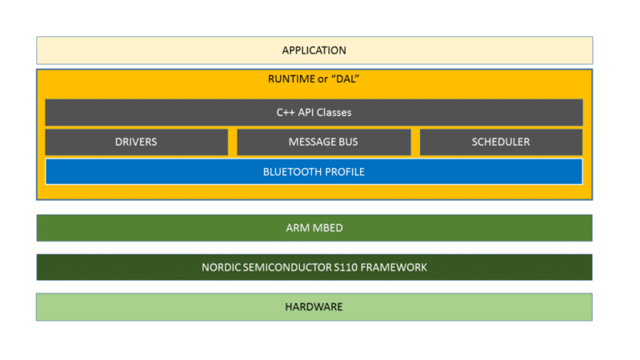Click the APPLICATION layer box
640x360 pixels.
(314, 50)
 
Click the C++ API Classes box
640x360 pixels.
(314, 113)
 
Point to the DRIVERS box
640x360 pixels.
(136, 142)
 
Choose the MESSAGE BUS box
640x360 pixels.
(323, 142)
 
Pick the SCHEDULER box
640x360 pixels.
(501, 142)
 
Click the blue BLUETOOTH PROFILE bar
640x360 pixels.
(314, 172)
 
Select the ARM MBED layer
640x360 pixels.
(314, 228)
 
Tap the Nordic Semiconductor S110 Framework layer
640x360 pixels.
(314, 267)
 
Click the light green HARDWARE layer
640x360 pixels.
(314, 307)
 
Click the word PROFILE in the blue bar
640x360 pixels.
(345, 172)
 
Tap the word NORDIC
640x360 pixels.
(220, 267)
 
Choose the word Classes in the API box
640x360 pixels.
(332, 113)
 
